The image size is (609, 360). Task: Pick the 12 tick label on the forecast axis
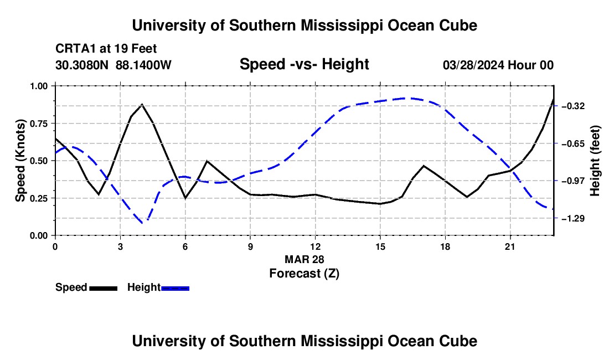pyautogui.click(x=315, y=246)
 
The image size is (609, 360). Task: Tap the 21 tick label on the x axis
pyautogui.click(x=510, y=246)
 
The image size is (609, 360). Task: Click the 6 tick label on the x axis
pyautogui.click(x=185, y=246)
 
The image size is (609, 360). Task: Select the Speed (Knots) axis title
pyautogui.click(x=20, y=161)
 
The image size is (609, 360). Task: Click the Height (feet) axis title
pyautogui.click(x=595, y=161)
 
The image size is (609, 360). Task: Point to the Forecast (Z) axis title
pyautogui.click(x=304, y=274)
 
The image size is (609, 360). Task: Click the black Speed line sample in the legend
pyautogui.click(x=104, y=288)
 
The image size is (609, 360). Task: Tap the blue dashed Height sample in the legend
pyautogui.click(x=175, y=288)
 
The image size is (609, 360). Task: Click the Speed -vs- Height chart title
pyautogui.click(x=304, y=64)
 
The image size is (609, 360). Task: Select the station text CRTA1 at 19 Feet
pyautogui.click(x=106, y=49)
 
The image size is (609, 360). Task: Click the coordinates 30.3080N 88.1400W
pyautogui.click(x=113, y=65)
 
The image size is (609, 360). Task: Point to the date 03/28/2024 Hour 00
pyautogui.click(x=498, y=65)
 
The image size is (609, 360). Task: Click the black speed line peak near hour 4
pyautogui.click(x=142, y=104)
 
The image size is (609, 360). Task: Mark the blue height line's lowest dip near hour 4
pyautogui.click(x=143, y=223)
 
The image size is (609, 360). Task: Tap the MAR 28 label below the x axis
pyautogui.click(x=304, y=259)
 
